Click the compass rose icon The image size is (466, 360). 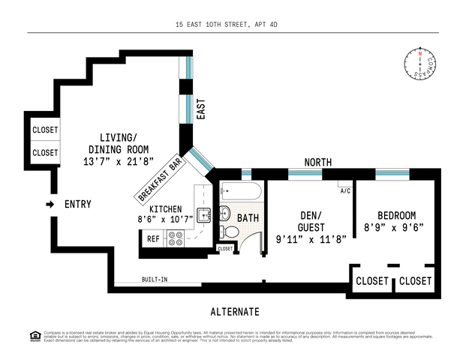tap(424, 64)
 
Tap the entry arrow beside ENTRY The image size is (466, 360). tap(50, 204)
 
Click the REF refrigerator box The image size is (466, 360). tap(153, 238)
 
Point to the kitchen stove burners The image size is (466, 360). tap(176, 238)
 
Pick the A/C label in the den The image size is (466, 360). tap(345, 190)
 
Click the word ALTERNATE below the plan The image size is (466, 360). tap(234, 312)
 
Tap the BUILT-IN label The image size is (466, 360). tap(155, 280)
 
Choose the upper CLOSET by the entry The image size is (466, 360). tap(45, 130)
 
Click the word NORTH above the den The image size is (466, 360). tap(318, 162)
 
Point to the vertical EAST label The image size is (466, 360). tap(200, 109)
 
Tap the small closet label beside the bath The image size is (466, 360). tap(225, 248)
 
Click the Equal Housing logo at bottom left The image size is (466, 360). tap(11, 335)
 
